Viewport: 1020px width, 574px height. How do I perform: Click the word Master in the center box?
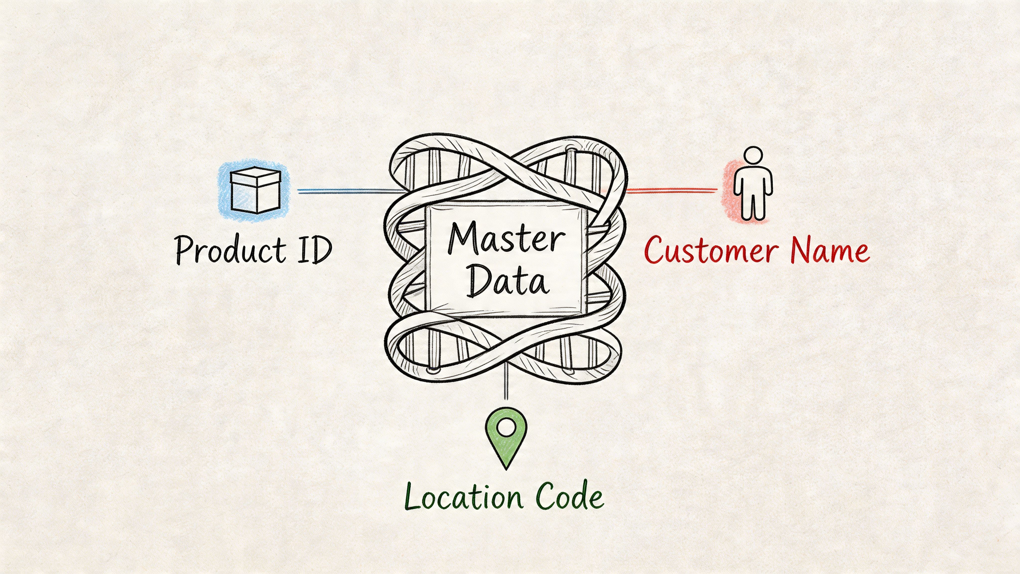click(x=506, y=239)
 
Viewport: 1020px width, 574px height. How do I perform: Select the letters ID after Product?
click(x=315, y=250)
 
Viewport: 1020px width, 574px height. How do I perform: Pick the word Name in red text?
click(x=830, y=250)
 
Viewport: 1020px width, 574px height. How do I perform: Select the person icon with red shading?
click(x=752, y=186)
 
